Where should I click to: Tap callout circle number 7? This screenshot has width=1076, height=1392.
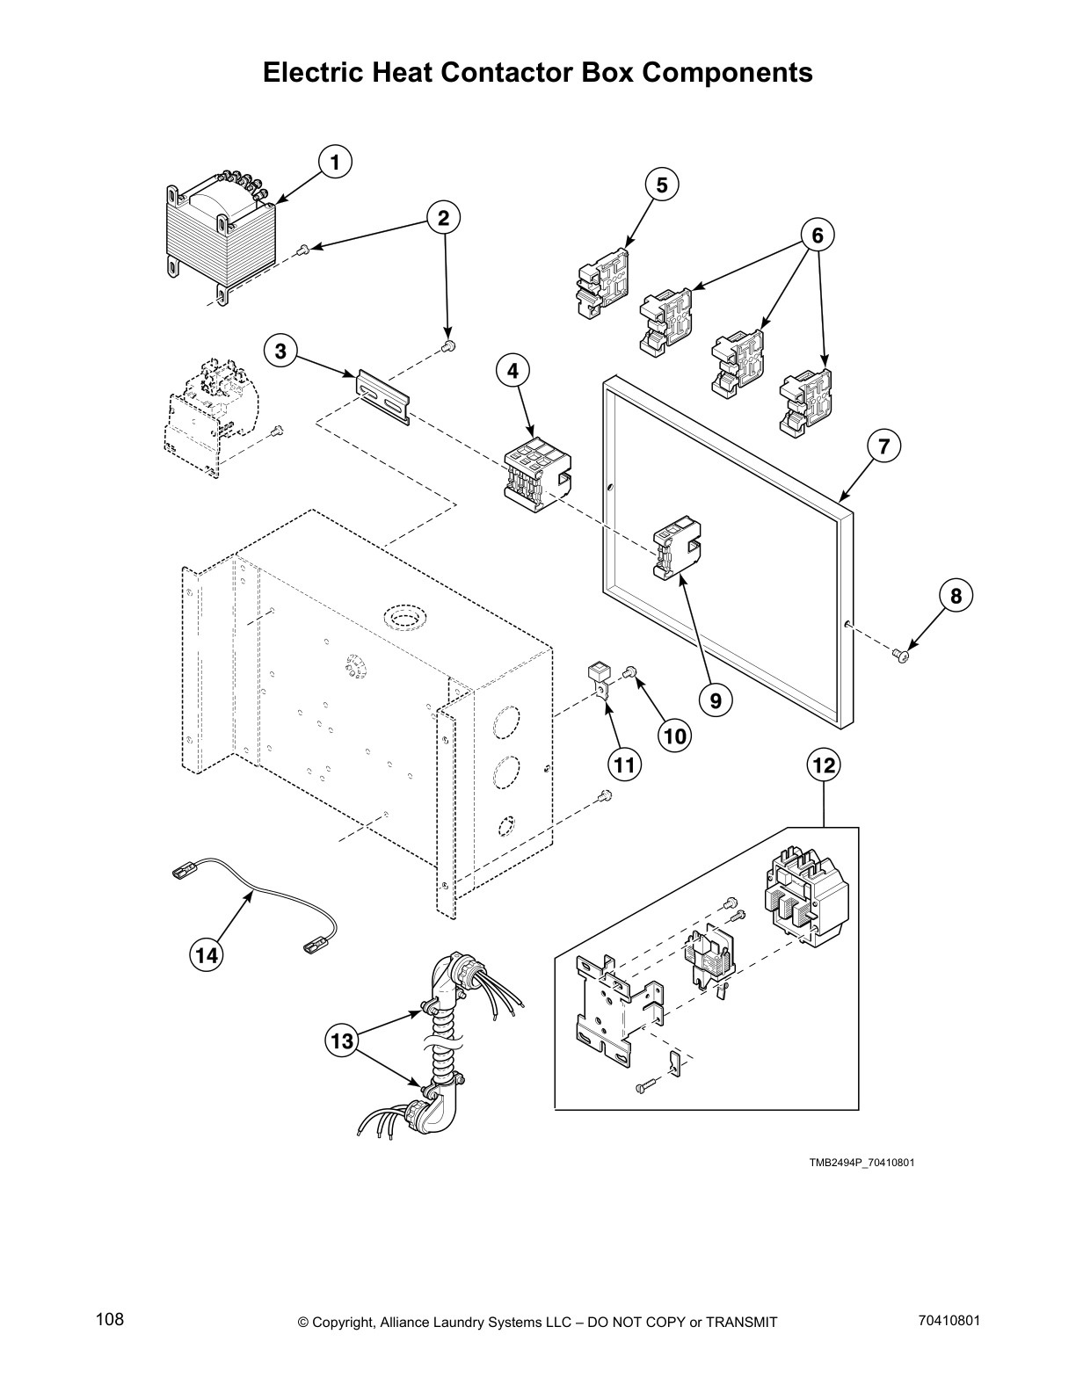pos(883,446)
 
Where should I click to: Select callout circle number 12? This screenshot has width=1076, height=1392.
pos(824,765)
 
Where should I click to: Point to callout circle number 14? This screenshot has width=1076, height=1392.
pos(206,955)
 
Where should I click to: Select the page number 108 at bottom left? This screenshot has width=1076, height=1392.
pos(110,1320)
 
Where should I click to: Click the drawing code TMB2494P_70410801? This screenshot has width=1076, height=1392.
pos(862,1163)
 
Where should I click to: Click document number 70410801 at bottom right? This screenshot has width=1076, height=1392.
pos(949,1320)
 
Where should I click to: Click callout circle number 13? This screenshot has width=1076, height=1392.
pos(341,1042)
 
